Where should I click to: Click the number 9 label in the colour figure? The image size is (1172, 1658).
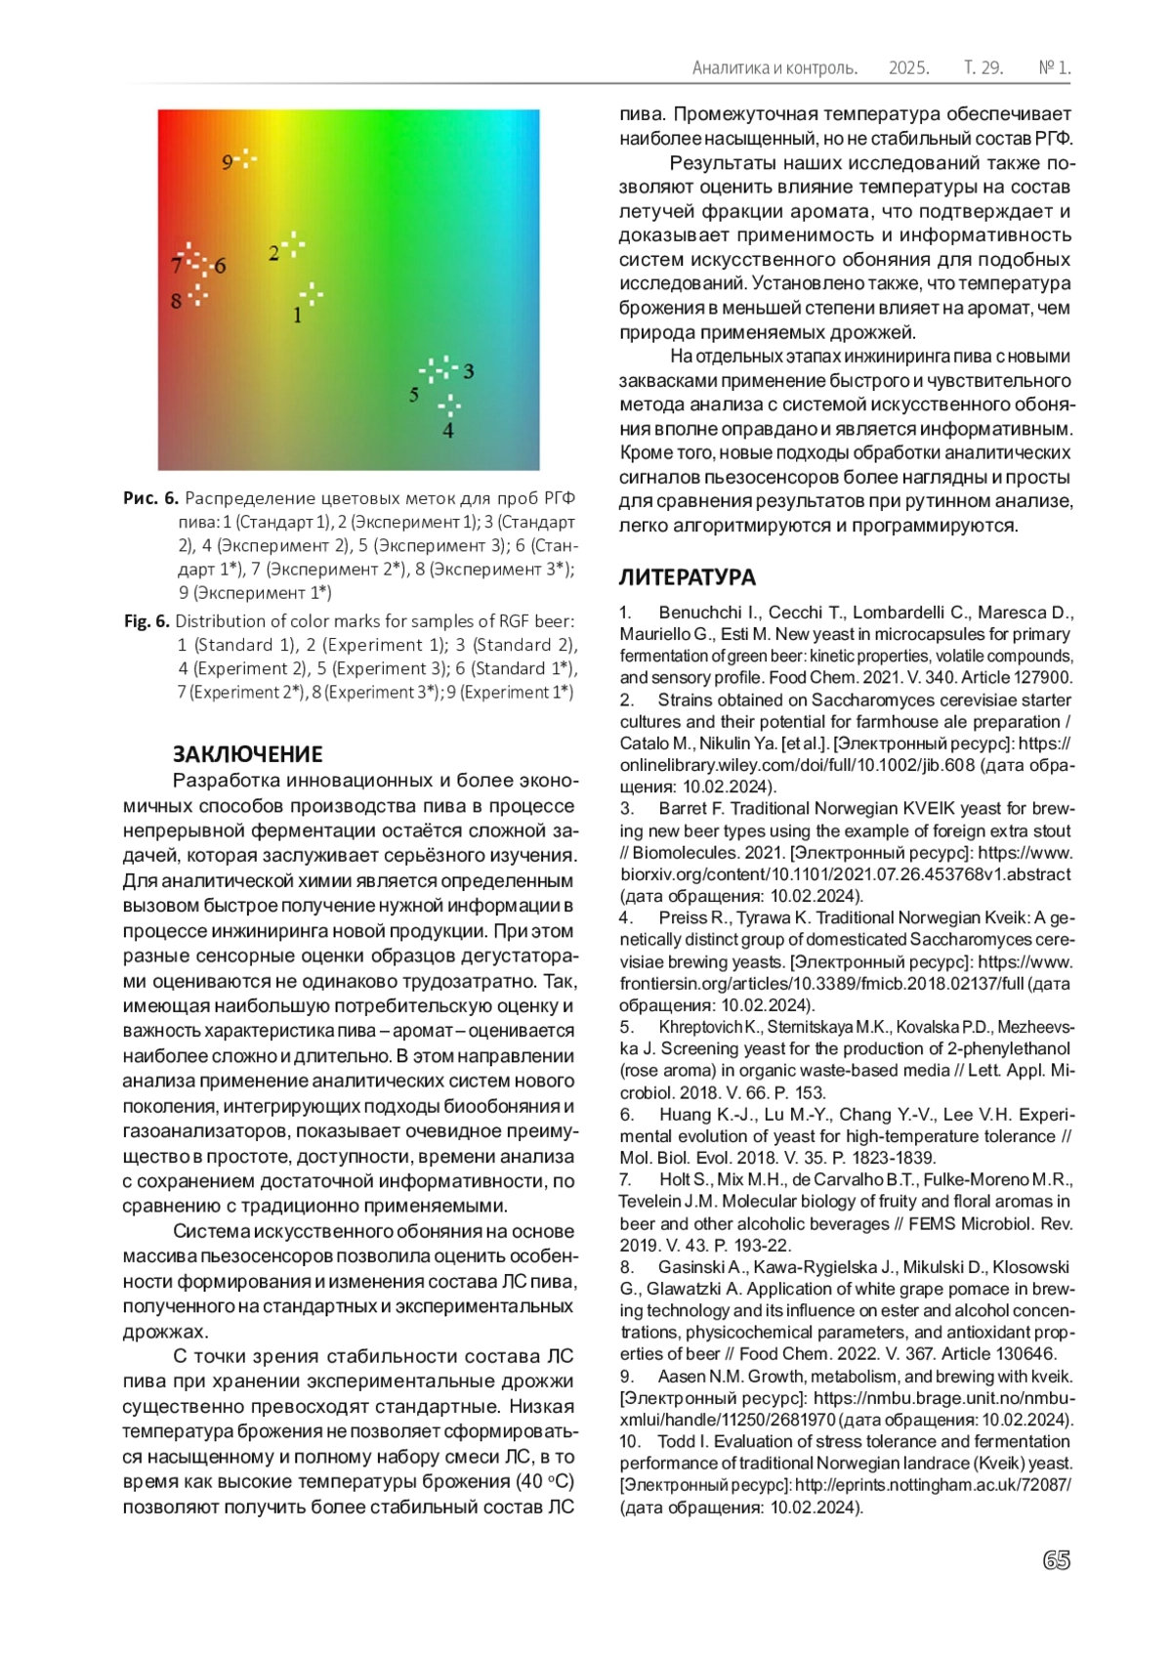pyautogui.click(x=228, y=162)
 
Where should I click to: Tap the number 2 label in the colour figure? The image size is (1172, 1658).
pyautogui.click(x=273, y=254)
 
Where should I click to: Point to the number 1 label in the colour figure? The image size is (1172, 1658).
pyautogui.click(x=298, y=316)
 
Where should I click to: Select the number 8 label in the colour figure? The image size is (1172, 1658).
pyautogui.click(x=177, y=302)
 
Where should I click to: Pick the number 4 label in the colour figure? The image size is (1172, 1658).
pyautogui.click(x=448, y=430)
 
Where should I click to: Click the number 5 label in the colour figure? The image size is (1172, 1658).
pyautogui.click(x=414, y=395)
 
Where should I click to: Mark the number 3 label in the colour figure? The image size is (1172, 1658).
pyautogui.click(x=469, y=371)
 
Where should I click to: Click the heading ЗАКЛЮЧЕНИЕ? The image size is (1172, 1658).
pyautogui.click(x=247, y=754)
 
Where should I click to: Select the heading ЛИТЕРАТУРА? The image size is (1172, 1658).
pyautogui.click(x=687, y=577)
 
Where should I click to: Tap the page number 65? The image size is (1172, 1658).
pyautogui.click(x=1056, y=1560)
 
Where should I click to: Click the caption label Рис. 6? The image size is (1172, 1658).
pyautogui.click(x=150, y=498)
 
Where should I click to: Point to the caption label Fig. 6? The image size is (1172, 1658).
pyautogui.click(x=146, y=621)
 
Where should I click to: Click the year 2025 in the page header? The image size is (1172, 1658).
pyautogui.click(x=908, y=68)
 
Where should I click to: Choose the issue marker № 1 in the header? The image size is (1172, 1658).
pyautogui.click(x=1055, y=68)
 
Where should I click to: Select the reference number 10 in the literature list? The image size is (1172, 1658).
pyautogui.click(x=630, y=1442)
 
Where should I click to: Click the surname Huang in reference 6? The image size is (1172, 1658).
pyautogui.click(x=684, y=1115)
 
